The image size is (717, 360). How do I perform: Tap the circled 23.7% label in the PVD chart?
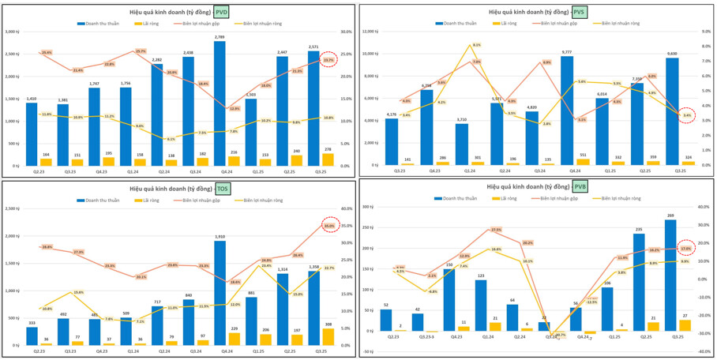tap(328, 60)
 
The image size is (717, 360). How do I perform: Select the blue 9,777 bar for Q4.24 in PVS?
tap(567, 111)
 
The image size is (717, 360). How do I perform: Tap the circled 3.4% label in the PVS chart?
tap(687, 115)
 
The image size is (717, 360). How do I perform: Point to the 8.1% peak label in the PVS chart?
tap(476, 45)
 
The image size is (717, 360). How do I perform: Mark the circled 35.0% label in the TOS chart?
tap(328, 226)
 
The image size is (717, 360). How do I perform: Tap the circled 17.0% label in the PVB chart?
tap(686, 248)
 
